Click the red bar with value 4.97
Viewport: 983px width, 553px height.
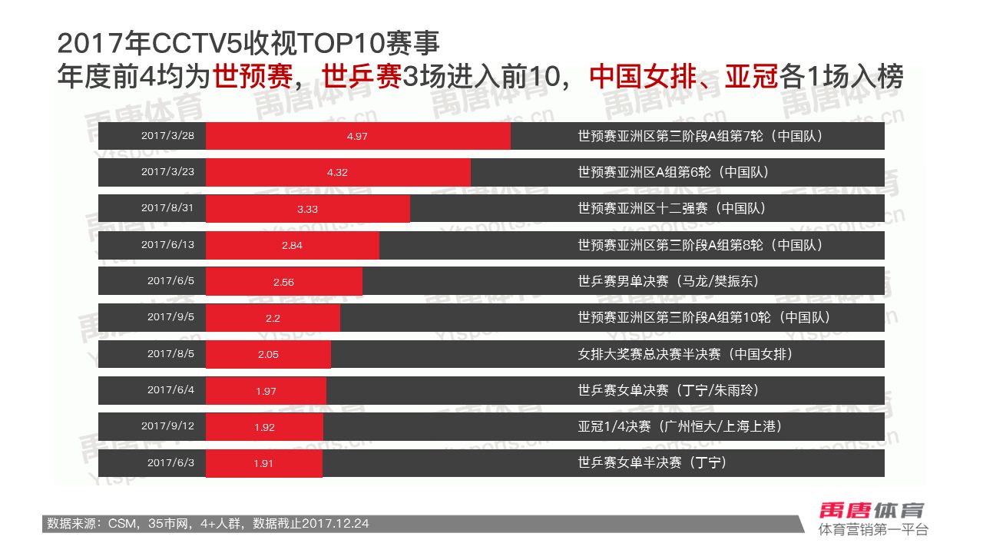pyautogui.click(x=358, y=136)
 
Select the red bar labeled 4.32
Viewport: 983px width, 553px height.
pyautogui.click(x=338, y=172)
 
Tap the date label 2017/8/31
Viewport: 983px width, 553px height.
pyautogui.click(x=167, y=208)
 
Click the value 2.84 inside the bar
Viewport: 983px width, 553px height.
pyautogui.click(x=293, y=245)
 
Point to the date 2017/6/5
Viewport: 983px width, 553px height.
pyautogui.click(x=170, y=281)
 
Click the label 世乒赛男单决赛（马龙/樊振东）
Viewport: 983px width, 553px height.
pyautogui.click(x=668, y=281)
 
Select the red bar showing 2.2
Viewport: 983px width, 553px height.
pyautogui.click(x=273, y=317)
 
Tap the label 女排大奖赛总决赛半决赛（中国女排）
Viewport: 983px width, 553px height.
pyautogui.click(x=685, y=354)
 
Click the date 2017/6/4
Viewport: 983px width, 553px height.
pyautogui.click(x=170, y=390)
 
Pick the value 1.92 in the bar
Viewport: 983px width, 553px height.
pyautogui.click(x=264, y=427)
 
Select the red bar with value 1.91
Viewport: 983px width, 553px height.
pyautogui.click(x=263, y=463)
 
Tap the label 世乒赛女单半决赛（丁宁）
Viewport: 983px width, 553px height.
pyautogui.click(x=652, y=462)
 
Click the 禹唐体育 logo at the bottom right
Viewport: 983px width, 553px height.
pyautogui.click(x=872, y=510)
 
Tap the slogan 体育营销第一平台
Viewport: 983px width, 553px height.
pyautogui.click(x=873, y=530)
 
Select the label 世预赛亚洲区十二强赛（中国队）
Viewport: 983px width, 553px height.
pyautogui.click(x=672, y=208)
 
